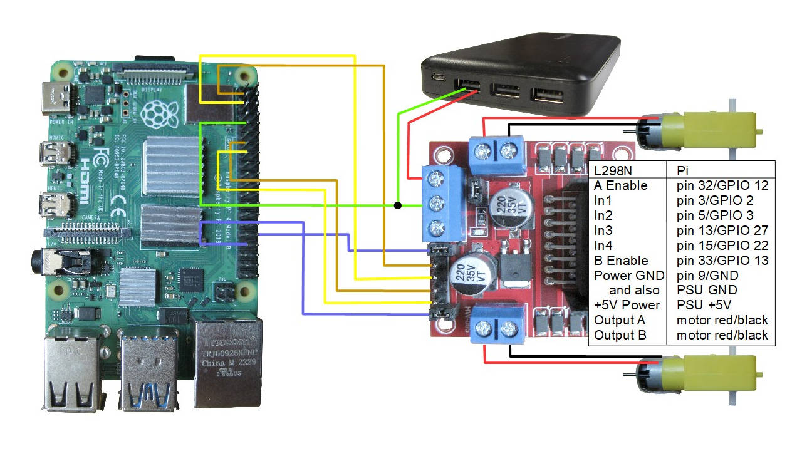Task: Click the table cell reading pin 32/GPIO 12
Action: pos(722,185)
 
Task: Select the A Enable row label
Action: pos(620,185)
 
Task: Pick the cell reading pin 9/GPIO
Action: pos(707,276)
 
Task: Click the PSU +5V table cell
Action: pos(704,305)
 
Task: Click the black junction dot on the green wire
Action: pos(397,205)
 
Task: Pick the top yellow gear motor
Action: pos(695,130)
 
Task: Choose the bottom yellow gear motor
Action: pos(695,373)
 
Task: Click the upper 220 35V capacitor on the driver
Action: pos(511,207)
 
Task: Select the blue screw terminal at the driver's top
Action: pos(496,153)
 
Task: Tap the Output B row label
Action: pos(620,335)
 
